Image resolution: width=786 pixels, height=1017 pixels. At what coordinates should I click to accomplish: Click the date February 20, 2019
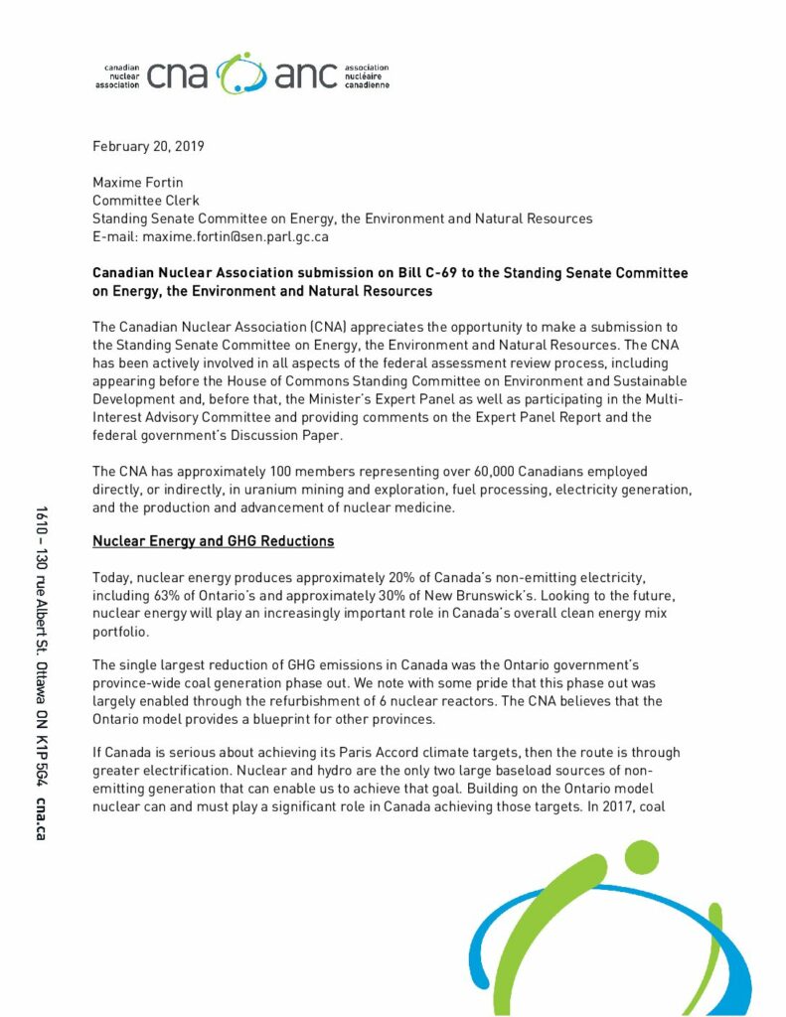148,147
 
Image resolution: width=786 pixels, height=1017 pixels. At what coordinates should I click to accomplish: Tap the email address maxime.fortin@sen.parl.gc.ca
236,237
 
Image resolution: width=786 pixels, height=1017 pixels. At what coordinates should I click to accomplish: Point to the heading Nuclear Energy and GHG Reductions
213,541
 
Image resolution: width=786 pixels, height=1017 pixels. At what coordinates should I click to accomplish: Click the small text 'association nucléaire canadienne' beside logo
367,76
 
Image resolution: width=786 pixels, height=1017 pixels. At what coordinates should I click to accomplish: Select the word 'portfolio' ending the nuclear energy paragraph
121,630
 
